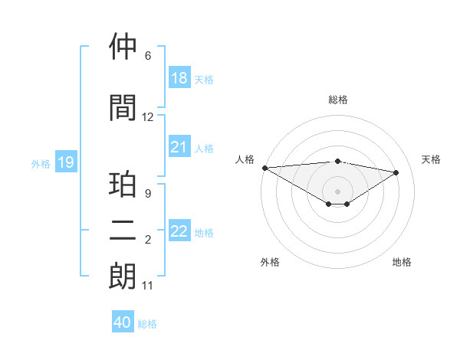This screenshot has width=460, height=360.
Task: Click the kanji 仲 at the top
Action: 123,47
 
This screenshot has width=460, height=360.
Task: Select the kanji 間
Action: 123,108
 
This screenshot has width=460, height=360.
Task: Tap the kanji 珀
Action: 123,186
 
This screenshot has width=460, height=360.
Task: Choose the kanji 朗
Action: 123,277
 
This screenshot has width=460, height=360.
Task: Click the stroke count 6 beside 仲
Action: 148,56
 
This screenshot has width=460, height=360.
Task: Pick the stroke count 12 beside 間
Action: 148,117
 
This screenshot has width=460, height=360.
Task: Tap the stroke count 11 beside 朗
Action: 148,286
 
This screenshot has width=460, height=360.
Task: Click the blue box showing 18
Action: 179,78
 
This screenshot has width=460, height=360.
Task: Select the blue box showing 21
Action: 179,147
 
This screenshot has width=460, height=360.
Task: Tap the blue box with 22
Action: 179,231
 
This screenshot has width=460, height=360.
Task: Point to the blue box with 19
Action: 65,162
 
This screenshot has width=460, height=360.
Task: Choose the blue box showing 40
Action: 123,322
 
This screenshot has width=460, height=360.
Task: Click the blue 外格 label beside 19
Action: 41,163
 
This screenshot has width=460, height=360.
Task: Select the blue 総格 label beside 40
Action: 148,323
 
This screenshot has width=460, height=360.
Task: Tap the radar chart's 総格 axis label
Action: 337,100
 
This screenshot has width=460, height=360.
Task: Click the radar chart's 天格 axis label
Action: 431,159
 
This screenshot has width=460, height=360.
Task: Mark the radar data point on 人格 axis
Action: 264,168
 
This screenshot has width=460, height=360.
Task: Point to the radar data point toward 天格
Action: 396,172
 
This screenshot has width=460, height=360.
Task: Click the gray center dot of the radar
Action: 337,190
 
